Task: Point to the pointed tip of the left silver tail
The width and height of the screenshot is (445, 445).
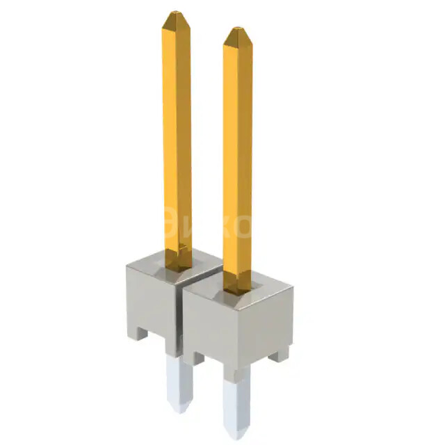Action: pos(175,411)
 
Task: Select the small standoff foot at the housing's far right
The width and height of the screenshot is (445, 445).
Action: pos(279,354)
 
